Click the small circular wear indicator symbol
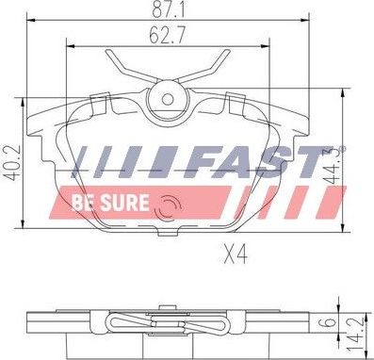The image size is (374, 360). [171, 206]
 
